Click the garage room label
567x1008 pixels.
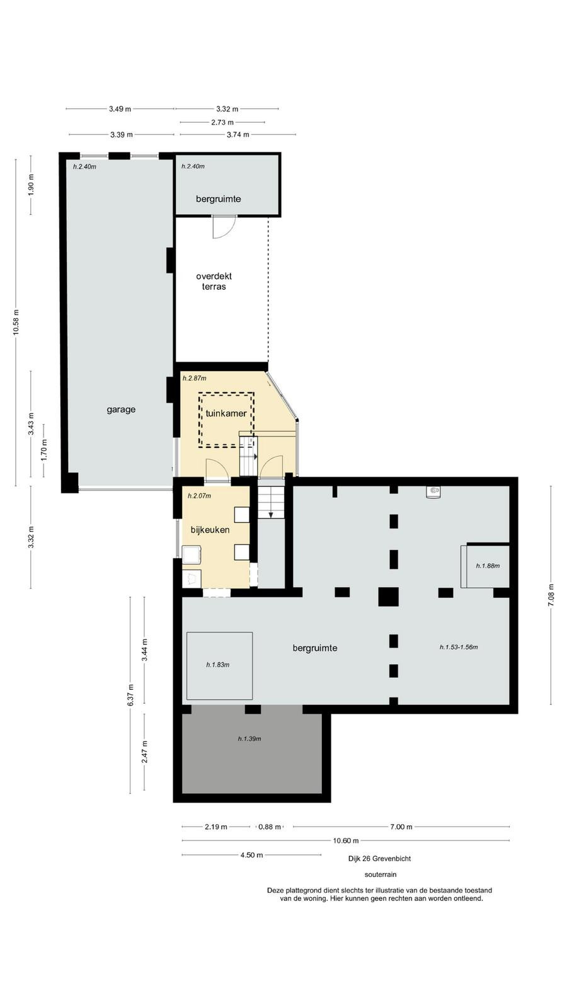point(121,409)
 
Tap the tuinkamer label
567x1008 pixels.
point(226,413)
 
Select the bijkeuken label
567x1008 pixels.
point(210,530)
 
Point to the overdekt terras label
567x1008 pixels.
point(214,281)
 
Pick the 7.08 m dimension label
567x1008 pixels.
point(551,595)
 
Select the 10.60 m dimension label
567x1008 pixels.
point(346,840)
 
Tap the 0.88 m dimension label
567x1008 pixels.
point(270,827)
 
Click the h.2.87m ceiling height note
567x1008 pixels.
point(195,378)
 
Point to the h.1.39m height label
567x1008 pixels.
point(249,738)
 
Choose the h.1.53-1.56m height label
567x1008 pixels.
point(459,647)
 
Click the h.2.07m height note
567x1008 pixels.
point(199,496)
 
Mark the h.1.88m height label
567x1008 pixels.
point(488,566)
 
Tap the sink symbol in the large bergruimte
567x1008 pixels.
point(433,491)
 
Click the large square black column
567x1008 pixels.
point(388,597)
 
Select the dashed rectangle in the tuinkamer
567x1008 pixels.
point(198,420)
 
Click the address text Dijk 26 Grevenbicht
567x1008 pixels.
point(379,858)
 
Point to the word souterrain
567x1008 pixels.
point(381,874)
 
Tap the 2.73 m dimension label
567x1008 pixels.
point(222,122)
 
